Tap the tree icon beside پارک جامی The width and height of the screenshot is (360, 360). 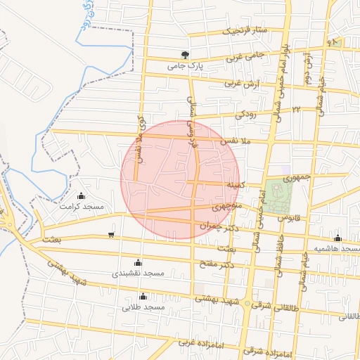pos(185,55)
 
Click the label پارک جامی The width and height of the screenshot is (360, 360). pos(184,67)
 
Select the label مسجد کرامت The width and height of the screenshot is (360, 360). pos(82,207)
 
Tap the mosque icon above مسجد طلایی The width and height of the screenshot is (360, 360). pos(143,296)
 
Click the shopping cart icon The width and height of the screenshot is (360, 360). pos(111,235)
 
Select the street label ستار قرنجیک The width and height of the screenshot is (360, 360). pos(245,31)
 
